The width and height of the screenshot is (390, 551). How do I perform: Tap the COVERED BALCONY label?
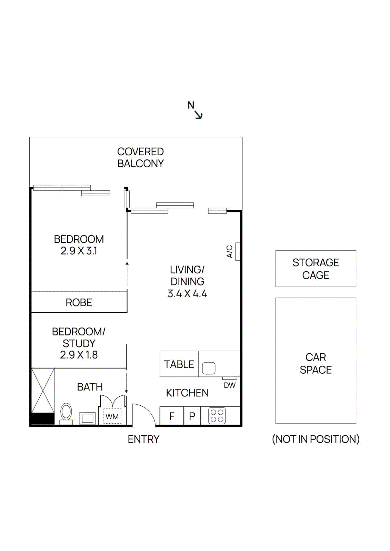coord(140,157)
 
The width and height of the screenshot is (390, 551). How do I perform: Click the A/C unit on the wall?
coord(238,251)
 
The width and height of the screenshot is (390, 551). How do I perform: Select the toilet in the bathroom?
coord(66,413)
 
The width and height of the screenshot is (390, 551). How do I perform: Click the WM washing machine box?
coord(112,416)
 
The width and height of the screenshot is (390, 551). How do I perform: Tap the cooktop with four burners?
coord(217,416)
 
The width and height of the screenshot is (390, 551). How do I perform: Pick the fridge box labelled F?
coord(172,416)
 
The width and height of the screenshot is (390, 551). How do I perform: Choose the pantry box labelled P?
coord(192,416)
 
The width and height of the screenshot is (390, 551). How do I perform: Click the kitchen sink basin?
coord(209,368)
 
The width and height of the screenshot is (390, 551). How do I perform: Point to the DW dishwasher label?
coord(230,385)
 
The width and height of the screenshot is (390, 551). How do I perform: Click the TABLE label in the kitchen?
coord(179,364)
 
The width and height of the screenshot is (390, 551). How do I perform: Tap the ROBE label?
coord(79,302)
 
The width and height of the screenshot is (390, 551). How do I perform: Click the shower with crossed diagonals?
coord(43,391)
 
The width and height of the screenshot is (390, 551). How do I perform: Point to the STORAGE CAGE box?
coord(316,269)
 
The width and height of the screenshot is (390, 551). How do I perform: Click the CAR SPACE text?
coord(316,363)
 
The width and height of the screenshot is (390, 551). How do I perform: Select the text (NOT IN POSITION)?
coord(316,439)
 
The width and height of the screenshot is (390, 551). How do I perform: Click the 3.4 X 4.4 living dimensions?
coord(187,294)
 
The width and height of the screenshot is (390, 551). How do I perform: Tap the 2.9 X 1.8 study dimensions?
coord(79,355)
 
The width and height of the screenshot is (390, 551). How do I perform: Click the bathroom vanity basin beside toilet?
coord(88,418)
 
